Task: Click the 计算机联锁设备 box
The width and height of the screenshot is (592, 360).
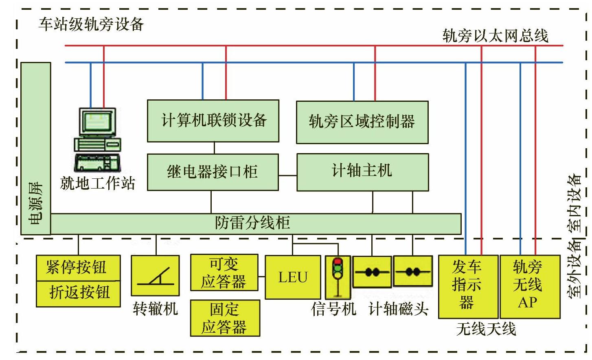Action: tap(213, 121)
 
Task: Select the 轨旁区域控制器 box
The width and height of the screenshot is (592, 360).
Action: tap(362, 122)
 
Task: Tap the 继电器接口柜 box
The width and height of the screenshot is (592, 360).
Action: tap(213, 172)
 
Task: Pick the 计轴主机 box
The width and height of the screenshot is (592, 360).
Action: tap(362, 172)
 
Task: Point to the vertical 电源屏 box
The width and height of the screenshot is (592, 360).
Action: tap(36, 148)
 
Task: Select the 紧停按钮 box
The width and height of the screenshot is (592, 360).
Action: tap(78, 268)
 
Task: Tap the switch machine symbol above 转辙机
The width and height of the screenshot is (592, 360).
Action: tap(155, 275)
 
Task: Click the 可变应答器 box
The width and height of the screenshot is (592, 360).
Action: tap(224, 272)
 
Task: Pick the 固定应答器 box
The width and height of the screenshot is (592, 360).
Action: tap(225, 318)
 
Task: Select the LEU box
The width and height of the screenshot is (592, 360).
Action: tap(293, 277)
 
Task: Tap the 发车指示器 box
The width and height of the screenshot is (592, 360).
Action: tap(468, 286)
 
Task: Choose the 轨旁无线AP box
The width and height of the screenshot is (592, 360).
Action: tap(529, 286)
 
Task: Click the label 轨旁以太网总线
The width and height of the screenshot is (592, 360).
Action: tap(495, 36)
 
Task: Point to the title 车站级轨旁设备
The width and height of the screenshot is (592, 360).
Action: tap(91, 24)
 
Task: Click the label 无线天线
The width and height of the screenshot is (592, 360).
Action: tap(486, 329)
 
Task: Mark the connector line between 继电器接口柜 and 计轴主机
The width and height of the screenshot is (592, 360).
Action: tap(287, 176)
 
